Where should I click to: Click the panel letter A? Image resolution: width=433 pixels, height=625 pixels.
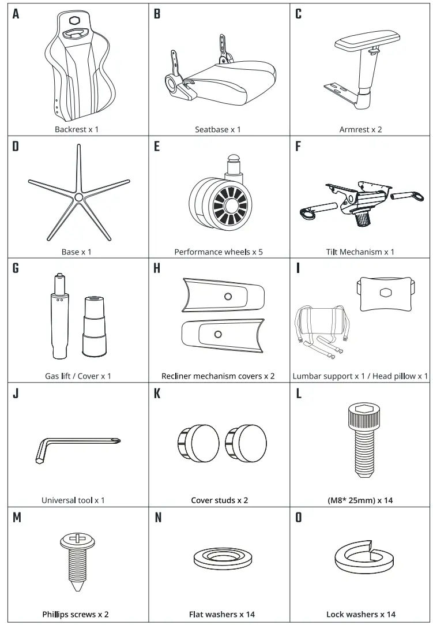pos(16,14)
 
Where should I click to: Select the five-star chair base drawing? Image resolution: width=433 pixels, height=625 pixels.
pos(78,196)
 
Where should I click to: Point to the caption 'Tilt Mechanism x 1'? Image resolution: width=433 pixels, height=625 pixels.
pos(360,252)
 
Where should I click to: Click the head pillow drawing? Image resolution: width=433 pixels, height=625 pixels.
pos(385,293)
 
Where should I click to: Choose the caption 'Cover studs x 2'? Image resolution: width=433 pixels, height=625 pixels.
pos(220,500)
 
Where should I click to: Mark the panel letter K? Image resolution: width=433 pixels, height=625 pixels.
pos(157,394)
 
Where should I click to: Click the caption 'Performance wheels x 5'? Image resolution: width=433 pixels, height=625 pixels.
pos(219,252)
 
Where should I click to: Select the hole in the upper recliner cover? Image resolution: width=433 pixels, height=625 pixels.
pos(228,297)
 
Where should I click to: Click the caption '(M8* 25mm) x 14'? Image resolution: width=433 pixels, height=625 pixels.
pos(360,500)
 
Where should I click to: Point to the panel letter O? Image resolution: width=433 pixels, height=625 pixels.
pos(298,518)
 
